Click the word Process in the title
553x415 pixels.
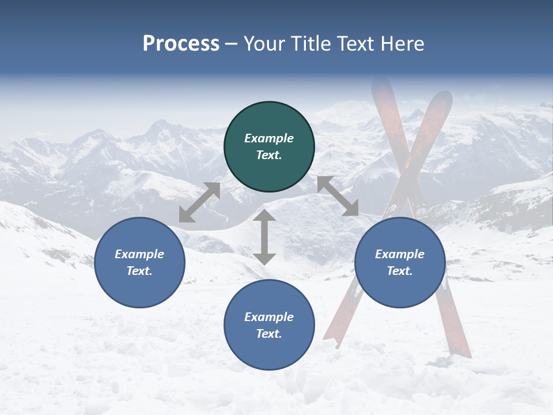181,44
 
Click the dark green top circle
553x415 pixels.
269,147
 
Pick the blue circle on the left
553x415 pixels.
139,262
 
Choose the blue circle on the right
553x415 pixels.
400,262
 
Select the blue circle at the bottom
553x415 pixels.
269,325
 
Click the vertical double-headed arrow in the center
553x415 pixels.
264,237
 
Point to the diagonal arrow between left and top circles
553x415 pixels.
199,202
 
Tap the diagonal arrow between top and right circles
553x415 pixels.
338,196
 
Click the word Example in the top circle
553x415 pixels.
269,138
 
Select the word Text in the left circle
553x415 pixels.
139,271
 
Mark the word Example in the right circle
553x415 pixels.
400,254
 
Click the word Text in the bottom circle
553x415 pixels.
269,334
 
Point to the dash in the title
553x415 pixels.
231,44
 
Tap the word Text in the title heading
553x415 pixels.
355,44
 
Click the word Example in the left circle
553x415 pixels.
139,254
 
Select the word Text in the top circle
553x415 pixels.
269,155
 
